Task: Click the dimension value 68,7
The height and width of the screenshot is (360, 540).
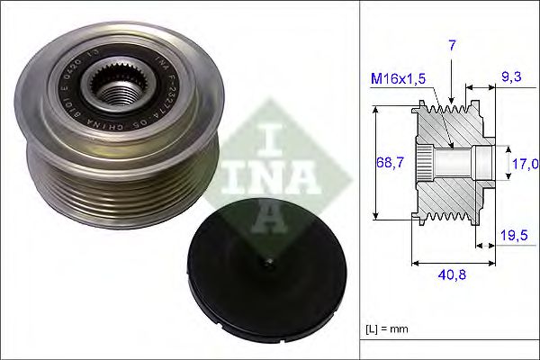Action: coord(388,162)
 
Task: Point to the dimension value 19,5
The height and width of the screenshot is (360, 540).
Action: coord(514,235)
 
